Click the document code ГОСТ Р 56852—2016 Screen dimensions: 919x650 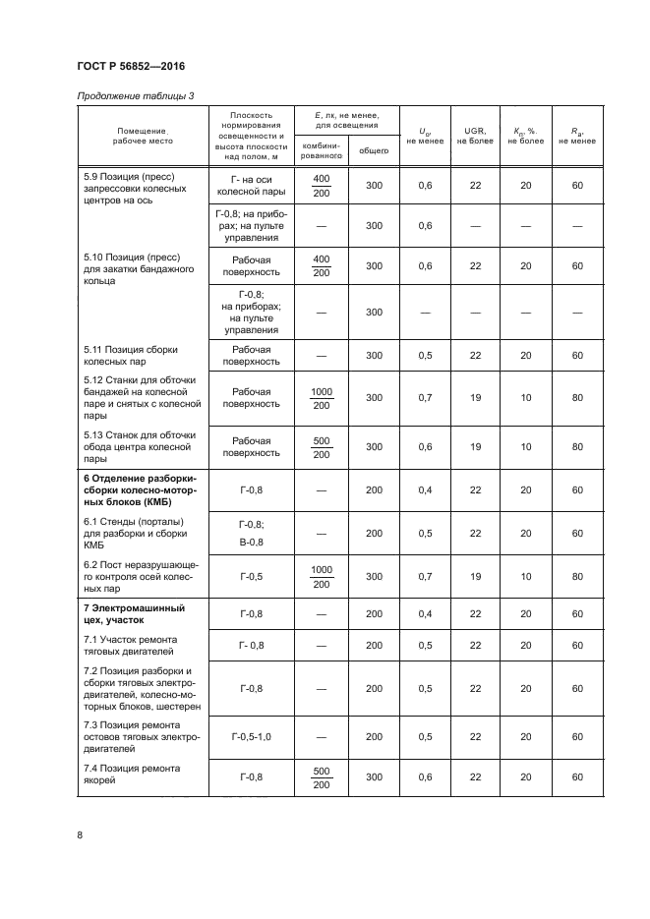131,66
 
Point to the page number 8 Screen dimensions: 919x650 80,835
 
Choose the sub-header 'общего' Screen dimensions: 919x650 373,150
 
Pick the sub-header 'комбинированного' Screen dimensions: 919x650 321,150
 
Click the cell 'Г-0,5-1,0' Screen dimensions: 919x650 251,736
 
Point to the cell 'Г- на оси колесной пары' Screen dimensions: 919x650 251,185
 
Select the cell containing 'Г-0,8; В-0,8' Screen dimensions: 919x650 251,533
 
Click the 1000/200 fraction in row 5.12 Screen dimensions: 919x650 322,398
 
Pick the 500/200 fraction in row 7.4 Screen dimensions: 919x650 322,776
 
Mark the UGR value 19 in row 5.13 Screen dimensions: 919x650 475,446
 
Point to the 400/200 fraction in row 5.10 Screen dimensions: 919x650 322,265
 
